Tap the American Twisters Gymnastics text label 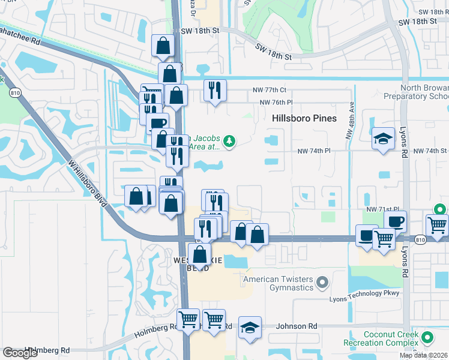tap(279, 283)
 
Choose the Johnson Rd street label tap(296, 326)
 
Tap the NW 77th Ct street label tap(270, 90)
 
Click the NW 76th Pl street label tap(276, 102)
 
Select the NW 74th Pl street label tap(314, 151)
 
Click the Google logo tap(20, 353)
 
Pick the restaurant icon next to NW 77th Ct tap(215, 91)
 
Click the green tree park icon tap(229, 142)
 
